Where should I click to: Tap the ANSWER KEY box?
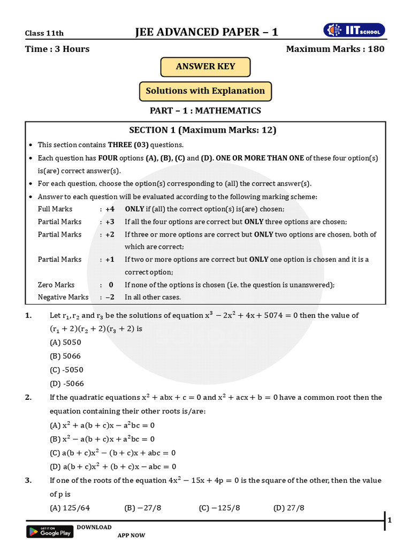pos(205,67)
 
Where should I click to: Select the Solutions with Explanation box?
pos(205,91)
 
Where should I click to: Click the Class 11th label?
pos(44,33)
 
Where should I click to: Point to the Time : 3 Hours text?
pos(57,49)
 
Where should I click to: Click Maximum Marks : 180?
pos(335,49)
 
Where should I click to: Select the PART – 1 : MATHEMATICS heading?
pos(205,111)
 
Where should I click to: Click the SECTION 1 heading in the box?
pos(203,130)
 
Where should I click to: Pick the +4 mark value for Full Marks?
pos(109,209)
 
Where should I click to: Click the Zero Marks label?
pos(56,285)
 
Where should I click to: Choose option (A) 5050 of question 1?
pos(65,342)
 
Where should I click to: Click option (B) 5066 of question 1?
pos(65,356)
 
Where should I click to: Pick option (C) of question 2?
pos(112,452)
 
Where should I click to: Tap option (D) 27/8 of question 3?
pos(288,508)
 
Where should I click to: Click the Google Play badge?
pos(49,531)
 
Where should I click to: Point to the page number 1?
pos(390,520)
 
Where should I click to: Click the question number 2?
pos(28,397)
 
